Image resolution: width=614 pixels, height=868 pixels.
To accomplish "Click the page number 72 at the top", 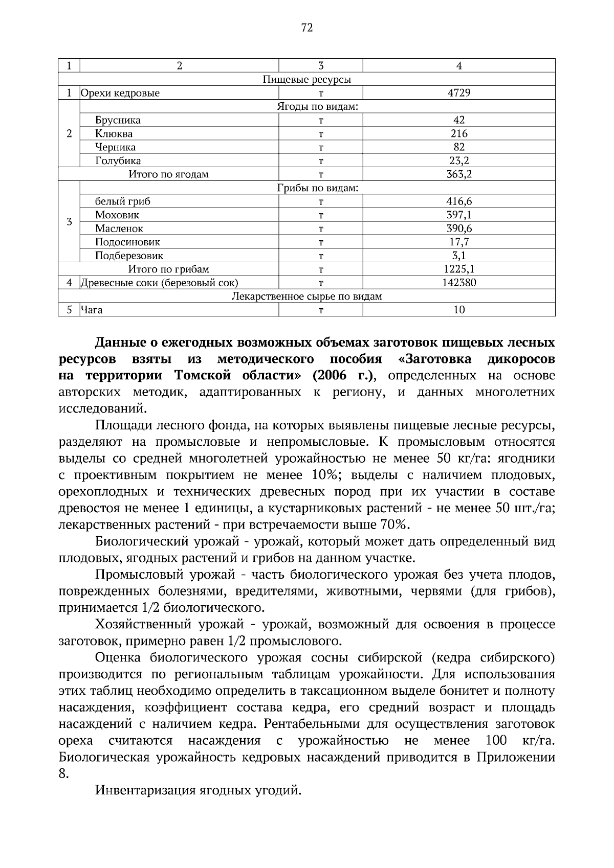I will point(306,28).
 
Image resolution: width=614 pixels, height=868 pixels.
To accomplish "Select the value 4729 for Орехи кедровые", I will point(459,93).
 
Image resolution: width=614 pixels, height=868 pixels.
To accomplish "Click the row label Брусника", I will point(118,120).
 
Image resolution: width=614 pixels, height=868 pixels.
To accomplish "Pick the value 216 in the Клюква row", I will point(459,133).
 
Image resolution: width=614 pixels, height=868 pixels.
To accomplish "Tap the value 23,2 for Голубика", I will point(459,161).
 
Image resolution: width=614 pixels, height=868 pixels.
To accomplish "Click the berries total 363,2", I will point(459,174).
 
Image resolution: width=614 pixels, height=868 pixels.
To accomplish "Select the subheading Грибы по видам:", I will point(317,188).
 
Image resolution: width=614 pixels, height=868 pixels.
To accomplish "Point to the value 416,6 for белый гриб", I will point(459,201).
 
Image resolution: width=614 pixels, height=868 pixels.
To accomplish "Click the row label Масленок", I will point(119,229).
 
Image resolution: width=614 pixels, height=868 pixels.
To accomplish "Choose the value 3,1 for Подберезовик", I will point(459,256).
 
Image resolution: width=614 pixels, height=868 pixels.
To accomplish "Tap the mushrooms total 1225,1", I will point(459,269).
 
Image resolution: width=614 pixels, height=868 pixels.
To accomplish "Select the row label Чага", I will point(92,310).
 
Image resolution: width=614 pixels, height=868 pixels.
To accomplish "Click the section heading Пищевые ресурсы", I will point(306,79).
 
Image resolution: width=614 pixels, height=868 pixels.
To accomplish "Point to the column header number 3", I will point(320,65).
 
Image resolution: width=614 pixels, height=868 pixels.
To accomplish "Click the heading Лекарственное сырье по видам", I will point(306,296).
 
